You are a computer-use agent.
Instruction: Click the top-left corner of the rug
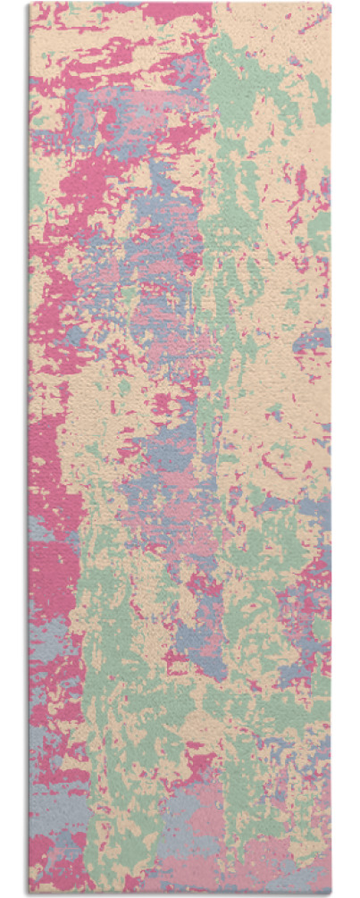pyautogui.click(x=29, y=4)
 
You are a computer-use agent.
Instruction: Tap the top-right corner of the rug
pyautogui.click(x=331, y=4)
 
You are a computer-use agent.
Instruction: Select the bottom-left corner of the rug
pyautogui.click(x=29, y=894)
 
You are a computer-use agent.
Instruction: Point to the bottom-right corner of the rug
pyautogui.click(x=331, y=894)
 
